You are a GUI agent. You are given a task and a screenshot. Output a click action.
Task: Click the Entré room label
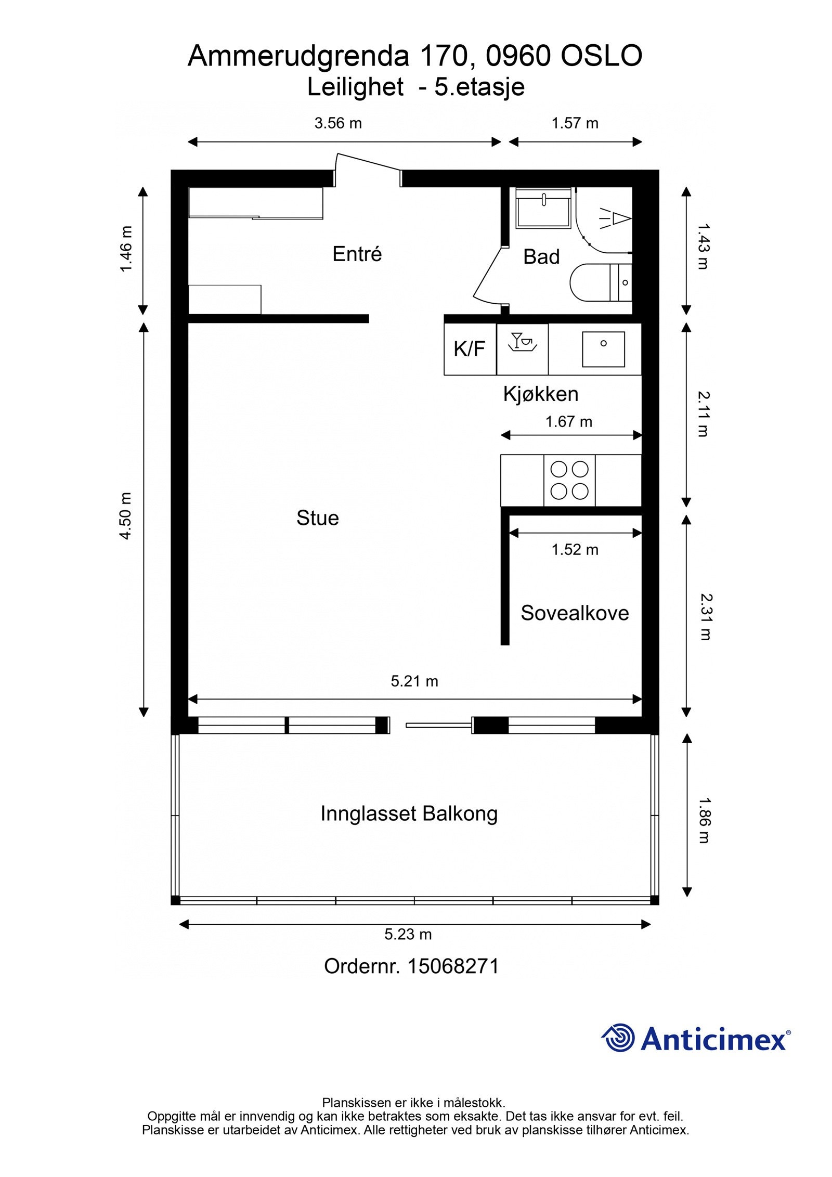pyautogui.click(x=357, y=254)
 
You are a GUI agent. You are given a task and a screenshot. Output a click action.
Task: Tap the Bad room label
pyautogui.click(x=541, y=256)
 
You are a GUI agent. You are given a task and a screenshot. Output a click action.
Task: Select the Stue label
pyautogui.click(x=317, y=518)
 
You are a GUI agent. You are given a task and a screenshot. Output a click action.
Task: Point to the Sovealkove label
pyautogui.click(x=575, y=613)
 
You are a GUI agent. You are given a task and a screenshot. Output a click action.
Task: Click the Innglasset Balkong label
pyautogui.click(x=409, y=814)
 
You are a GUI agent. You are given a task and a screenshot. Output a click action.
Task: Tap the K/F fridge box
pyautogui.click(x=470, y=349)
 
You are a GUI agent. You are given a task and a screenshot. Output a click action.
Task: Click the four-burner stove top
pyautogui.click(x=569, y=480)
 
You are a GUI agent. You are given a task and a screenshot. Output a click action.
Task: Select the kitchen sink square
pyautogui.click(x=603, y=349)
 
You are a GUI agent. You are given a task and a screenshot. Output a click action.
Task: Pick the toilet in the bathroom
pyautogui.click(x=601, y=282)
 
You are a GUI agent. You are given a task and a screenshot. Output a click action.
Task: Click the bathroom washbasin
pyautogui.click(x=543, y=208)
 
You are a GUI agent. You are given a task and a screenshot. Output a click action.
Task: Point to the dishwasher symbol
pyautogui.click(x=523, y=343)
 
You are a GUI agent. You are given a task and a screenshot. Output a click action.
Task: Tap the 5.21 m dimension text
pyautogui.click(x=414, y=681)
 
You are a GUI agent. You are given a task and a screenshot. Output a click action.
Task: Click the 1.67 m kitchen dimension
pyautogui.click(x=569, y=421)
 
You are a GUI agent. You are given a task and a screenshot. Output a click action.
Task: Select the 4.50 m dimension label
pyautogui.click(x=126, y=516)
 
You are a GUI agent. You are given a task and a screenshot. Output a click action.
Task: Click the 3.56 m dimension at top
pyautogui.click(x=338, y=123)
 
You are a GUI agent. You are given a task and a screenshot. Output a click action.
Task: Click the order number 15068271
pyautogui.click(x=453, y=966)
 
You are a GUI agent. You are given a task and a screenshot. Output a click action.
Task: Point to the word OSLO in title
pyautogui.click(x=602, y=56)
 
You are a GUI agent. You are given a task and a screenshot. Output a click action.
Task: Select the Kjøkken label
pyautogui.click(x=541, y=394)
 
